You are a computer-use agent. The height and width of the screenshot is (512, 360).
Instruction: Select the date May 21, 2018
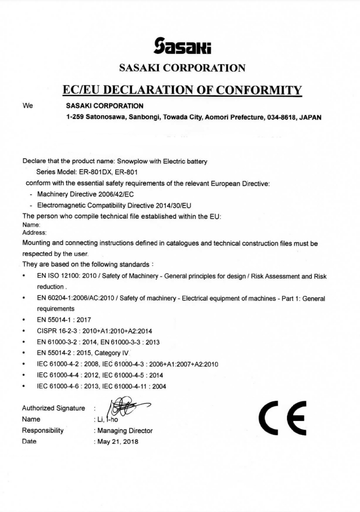(118, 441)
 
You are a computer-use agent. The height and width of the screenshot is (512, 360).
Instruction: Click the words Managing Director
(125, 430)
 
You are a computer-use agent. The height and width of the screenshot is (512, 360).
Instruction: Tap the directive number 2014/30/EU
(166, 205)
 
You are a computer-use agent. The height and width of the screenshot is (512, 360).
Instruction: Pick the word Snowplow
(133, 161)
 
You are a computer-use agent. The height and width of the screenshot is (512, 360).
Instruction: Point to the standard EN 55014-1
(56, 320)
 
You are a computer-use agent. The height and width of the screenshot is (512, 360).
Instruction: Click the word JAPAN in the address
(310, 117)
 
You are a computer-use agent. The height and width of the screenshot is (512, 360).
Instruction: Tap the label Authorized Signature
(53, 408)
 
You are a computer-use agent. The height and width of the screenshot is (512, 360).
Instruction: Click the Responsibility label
(42, 430)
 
